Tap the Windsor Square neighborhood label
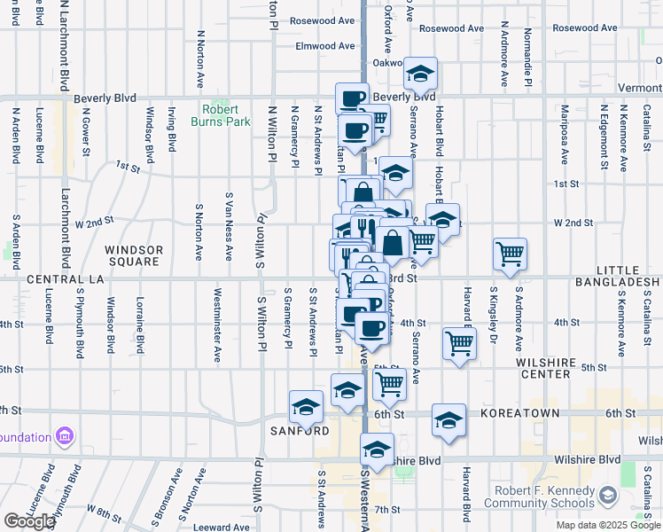tap(134, 256)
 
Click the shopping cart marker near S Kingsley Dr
tap(510, 254)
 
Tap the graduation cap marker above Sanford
tap(307, 406)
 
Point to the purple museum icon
tap(64, 436)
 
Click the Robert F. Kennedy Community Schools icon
tap(609, 495)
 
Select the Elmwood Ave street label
tap(324, 46)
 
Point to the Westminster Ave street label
tap(217, 325)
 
